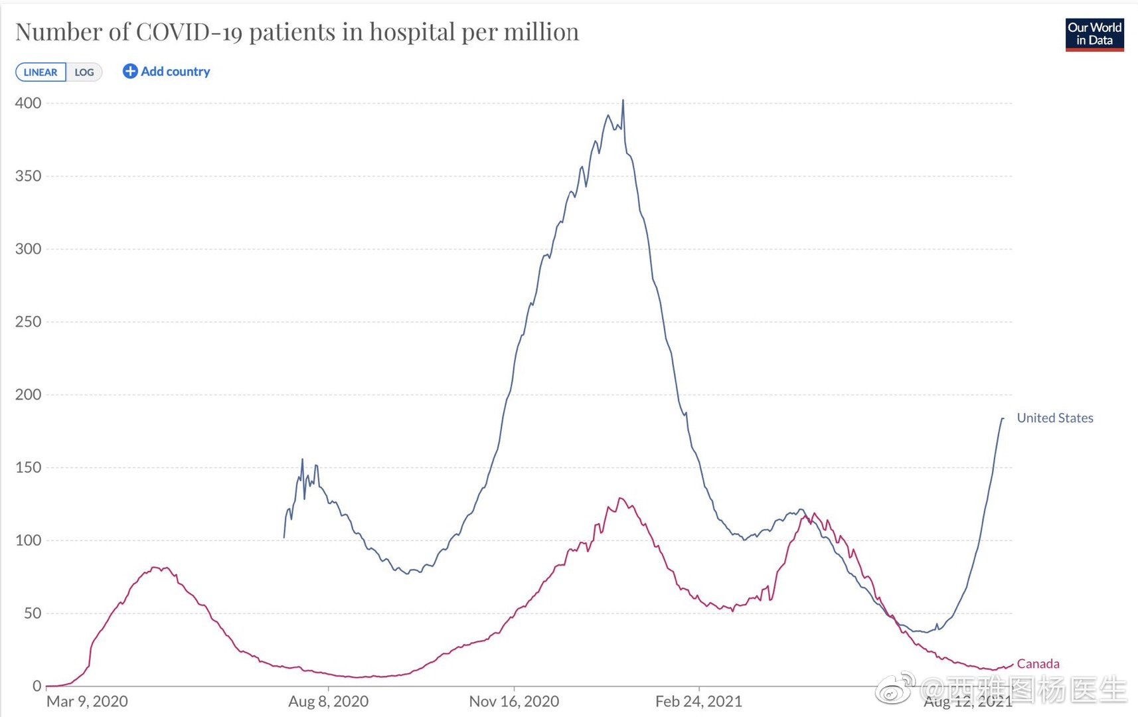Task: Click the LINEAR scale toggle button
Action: tap(41, 72)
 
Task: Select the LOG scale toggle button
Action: tap(84, 72)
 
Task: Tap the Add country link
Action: tap(167, 72)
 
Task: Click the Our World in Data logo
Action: tap(1094, 35)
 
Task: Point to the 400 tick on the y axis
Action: tap(29, 103)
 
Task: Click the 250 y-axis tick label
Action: tap(29, 322)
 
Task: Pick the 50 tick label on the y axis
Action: tap(33, 613)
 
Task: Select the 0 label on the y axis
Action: tap(37, 686)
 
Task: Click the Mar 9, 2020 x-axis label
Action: tap(87, 702)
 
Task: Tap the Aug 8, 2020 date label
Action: tap(328, 702)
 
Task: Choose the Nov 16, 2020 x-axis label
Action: tap(514, 702)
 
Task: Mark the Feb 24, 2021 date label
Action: tap(698, 702)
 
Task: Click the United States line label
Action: tap(1054, 418)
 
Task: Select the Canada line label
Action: tap(1038, 664)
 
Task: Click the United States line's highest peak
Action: tap(623, 100)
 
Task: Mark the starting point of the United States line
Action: tap(284, 537)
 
